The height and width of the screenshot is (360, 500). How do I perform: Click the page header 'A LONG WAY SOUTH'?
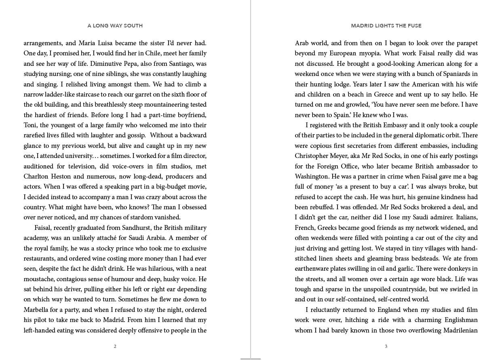115,25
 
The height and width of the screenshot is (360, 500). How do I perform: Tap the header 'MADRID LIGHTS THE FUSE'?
386,25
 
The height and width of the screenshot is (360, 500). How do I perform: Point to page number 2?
115,346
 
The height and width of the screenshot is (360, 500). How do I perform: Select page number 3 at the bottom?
386,346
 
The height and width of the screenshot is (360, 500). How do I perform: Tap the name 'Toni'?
31,125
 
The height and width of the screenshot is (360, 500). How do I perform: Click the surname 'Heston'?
61,177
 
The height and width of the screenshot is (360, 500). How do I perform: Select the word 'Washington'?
312,177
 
